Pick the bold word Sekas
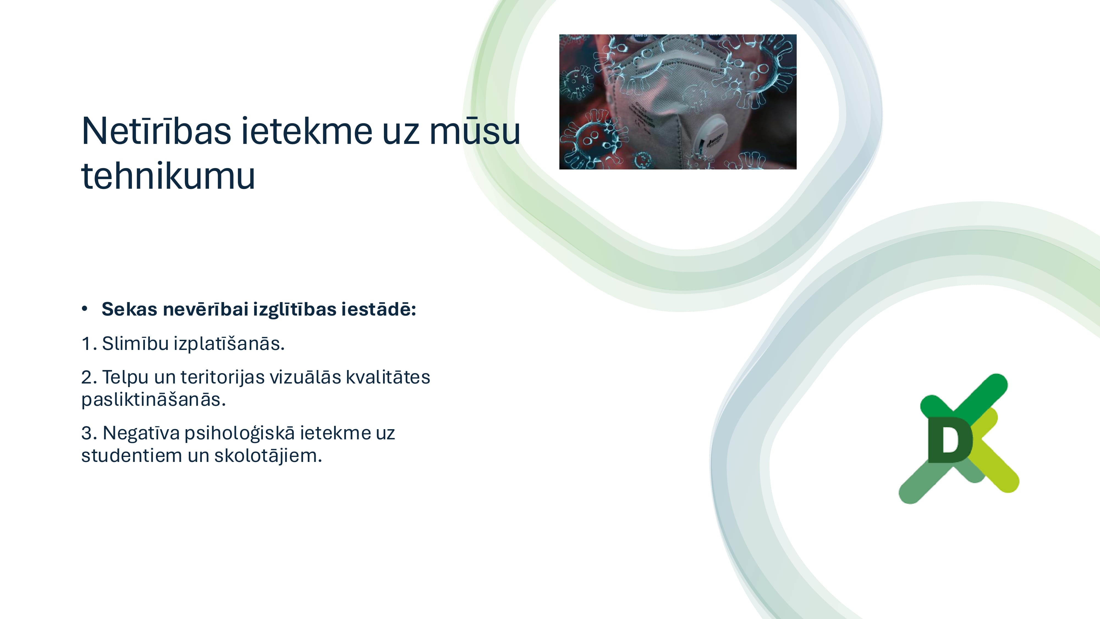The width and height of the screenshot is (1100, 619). [129, 309]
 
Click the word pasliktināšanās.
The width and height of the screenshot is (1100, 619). [153, 400]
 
